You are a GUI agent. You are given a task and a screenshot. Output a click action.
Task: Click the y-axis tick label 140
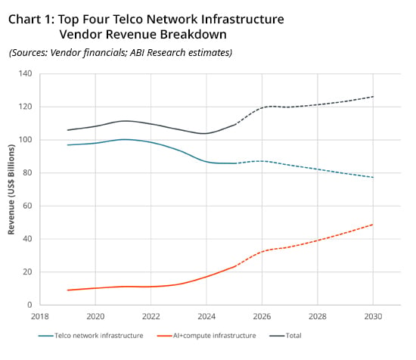(25, 73)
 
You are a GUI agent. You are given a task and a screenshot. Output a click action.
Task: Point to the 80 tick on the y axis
(27, 172)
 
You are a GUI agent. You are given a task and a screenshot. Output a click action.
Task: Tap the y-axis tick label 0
(29, 305)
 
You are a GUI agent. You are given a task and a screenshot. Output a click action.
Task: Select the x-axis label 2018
(40, 316)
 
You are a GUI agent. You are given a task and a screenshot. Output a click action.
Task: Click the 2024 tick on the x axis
(206, 316)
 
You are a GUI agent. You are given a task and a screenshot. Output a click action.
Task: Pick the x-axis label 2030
(373, 316)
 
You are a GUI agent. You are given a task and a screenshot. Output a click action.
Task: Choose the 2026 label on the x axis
(262, 316)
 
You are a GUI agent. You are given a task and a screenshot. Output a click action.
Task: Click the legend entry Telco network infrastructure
(91, 336)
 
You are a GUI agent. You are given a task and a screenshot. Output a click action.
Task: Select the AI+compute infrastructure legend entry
(206, 336)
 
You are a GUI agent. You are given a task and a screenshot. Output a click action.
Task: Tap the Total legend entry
(285, 336)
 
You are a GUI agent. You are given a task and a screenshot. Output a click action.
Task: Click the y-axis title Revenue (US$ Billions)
(11, 189)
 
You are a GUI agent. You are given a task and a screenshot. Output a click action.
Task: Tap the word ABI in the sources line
(137, 52)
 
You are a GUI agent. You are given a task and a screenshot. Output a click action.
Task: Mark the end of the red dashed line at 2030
(373, 225)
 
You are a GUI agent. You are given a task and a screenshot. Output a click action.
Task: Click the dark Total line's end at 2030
(373, 97)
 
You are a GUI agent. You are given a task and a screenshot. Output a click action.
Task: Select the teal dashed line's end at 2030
(373, 177)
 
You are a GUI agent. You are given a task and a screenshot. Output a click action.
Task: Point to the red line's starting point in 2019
(67, 290)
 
